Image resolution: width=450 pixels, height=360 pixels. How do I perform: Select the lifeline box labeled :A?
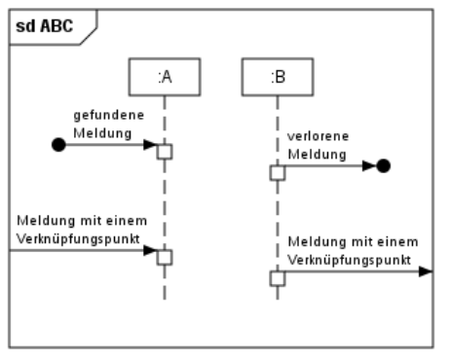(164, 78)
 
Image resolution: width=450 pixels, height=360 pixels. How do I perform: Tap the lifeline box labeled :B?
(277, 78)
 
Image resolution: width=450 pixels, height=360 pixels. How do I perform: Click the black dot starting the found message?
(58, 145)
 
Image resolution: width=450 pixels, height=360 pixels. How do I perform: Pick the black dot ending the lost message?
(383, 165)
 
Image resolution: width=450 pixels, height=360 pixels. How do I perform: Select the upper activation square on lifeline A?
(165, 151)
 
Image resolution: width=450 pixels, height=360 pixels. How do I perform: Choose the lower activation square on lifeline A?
(165, 257)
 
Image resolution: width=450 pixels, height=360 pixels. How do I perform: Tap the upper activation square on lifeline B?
(277, 172)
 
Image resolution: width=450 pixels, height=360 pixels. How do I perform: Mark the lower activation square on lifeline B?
(277, 278)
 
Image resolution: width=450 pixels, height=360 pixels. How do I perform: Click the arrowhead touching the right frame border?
(425, 271)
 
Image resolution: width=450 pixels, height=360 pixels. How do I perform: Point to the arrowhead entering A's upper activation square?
(150, 145)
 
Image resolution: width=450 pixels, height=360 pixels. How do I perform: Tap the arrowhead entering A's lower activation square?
(150, 250)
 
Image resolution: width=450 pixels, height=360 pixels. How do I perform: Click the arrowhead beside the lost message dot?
(368, 165)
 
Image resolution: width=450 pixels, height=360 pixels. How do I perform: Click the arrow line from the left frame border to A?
(78, 250)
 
